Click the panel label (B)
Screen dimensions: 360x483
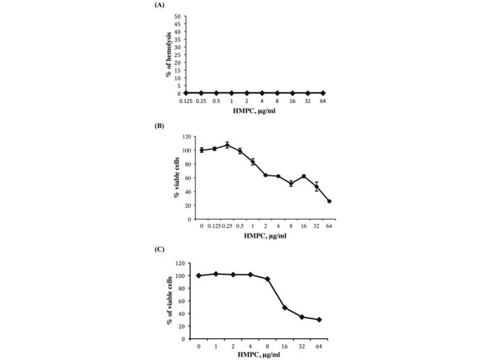pyautogui.click(x=171, y=126)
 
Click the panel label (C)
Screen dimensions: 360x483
pyautogui.click(x=171, y=250)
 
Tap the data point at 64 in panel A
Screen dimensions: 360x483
pyautogui.click(x=323, y=93)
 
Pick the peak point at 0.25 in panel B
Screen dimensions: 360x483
pyautogui.click(x=228, y=145)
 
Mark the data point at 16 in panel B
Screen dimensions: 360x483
pyautogui.click(x=303, y=176)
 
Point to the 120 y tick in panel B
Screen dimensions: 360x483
pyautogui.click(x=187, y=137)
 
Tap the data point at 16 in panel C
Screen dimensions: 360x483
pyautogui.click(x=284, y=308)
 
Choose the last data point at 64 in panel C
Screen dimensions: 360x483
pyautogui.click(x=320, y=320)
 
